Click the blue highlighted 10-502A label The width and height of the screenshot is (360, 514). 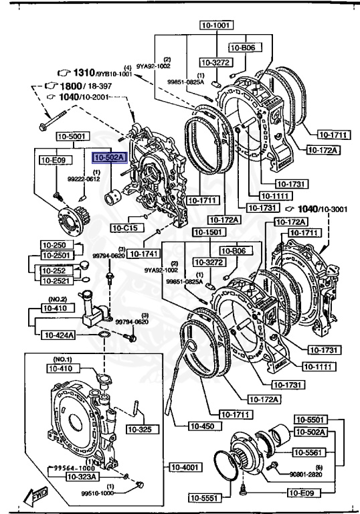click(x=108, y=158)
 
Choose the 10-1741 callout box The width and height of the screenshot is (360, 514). click(x=143, y=254)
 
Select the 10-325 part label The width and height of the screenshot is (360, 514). click(x=140, y=428)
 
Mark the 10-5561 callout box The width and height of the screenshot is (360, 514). click(x=312, y=452)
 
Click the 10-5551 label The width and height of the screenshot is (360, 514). click(x=204, y=497)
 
